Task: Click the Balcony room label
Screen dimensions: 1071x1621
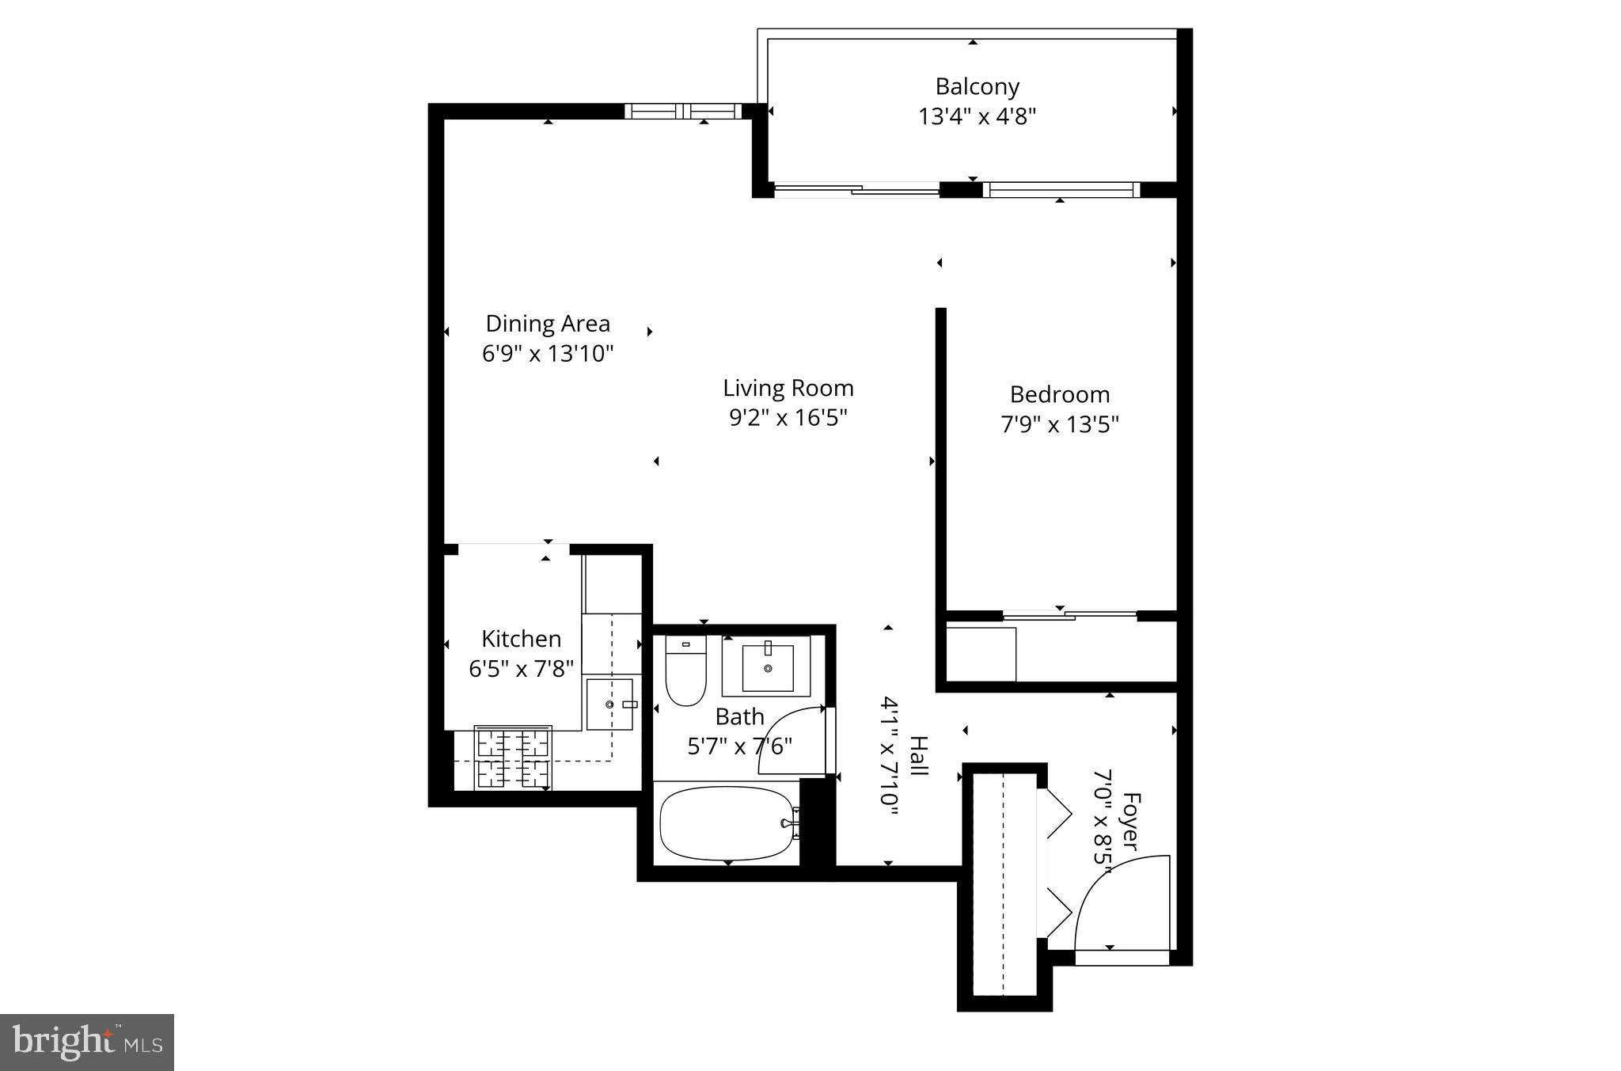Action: coord(977,86)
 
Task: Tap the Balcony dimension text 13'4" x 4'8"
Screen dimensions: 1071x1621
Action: coord(977,117)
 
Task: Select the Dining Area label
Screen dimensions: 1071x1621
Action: coord(548,324)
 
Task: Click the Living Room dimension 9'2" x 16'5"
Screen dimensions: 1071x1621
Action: coord(788,417)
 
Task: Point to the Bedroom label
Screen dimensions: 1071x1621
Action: coord(1059,394)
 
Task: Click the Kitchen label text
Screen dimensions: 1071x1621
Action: coord(521,639)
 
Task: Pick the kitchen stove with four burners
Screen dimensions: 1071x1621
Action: coord(513,758)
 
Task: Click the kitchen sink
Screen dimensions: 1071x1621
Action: coord(609,704)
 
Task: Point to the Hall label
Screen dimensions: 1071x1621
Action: coord(917,756)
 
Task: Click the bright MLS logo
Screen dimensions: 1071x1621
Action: coord(87,1042)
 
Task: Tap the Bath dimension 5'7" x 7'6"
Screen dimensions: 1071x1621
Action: coord(739,746)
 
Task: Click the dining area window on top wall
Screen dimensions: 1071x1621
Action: coord(683,111)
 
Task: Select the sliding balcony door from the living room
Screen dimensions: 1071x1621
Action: coord(855,189)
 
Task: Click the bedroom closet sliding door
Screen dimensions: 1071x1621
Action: coord(1069,614)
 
